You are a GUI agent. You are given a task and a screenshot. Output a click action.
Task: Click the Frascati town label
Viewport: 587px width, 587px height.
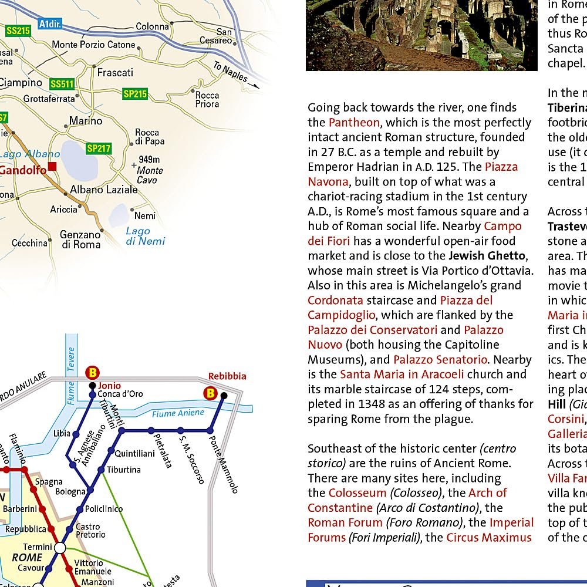click(115, 73)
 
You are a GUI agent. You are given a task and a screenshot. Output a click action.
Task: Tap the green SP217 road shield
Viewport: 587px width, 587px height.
click(99, 149)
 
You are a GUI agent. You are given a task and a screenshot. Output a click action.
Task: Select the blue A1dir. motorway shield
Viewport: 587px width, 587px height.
click(51, 25)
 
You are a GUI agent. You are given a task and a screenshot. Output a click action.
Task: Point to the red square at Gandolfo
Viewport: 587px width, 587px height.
click(53, 167)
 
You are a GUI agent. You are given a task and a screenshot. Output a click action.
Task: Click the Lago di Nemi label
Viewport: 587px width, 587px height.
click(145, 236)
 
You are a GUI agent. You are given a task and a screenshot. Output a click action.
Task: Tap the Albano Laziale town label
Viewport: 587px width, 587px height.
click(103, 190)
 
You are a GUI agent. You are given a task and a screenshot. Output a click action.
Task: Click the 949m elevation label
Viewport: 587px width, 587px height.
click(149, 160)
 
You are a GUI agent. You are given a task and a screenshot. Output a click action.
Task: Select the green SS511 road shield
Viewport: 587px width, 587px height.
click(62, 85)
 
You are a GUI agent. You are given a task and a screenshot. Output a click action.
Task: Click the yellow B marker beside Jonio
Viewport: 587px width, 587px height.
click(92, 372)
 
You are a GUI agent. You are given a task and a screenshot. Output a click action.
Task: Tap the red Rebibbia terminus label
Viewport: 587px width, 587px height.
click(227, 376)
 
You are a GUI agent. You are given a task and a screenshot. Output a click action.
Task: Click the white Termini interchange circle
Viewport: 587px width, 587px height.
click(60, 548)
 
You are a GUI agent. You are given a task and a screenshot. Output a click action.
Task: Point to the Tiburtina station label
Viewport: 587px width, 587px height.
click(124, 470)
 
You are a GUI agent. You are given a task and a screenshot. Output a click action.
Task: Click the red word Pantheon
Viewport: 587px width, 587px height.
click(354, 123)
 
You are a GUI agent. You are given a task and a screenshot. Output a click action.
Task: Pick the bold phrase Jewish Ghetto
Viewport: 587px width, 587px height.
click(487, 256)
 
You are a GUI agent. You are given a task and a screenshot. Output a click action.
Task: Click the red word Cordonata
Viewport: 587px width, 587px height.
click(335, 301)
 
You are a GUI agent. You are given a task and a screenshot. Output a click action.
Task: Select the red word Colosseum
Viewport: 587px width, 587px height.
click(357, 493)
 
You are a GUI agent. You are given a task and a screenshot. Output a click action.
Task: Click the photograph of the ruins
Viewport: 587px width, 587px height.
click(421, 35)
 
